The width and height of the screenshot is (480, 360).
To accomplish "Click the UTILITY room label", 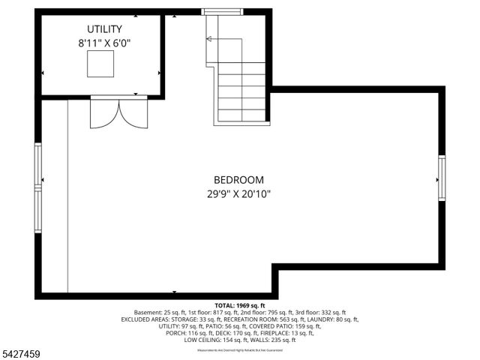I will pos(104,29).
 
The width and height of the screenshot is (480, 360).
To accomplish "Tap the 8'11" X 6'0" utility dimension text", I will pos(104,43).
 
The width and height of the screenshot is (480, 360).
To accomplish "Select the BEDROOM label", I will pos(239,180).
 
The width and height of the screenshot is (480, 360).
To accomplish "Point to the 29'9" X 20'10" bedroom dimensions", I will pos(239,193).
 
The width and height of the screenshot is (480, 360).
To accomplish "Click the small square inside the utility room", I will pos(100,65).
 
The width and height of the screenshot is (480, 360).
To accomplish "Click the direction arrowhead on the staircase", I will pos(210,38).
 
